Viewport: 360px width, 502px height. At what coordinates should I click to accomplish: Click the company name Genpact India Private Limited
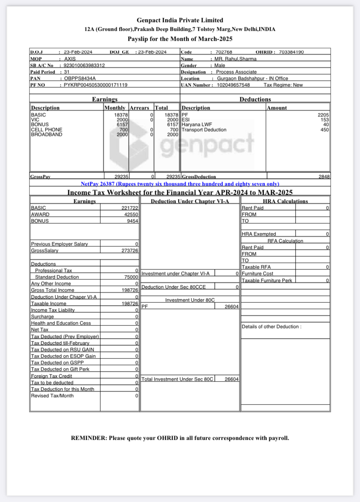click(180, 20)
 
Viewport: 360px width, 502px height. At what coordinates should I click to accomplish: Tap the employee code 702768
click(224, 52)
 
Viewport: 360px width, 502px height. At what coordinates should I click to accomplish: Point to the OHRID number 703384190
click(291, 52)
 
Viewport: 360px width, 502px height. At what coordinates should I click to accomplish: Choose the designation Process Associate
click(237, 72)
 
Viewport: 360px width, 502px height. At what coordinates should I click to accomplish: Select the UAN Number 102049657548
click(233, 85)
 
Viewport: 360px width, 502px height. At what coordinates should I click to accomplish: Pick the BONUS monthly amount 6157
click(122, 125)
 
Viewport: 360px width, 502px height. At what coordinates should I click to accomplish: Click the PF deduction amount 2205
click(323, 115)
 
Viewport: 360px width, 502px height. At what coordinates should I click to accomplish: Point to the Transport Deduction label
click(204, 130)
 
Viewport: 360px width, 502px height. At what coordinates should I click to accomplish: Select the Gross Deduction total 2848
click(324, 176)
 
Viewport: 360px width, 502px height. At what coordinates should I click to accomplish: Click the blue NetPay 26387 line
click(180, 184)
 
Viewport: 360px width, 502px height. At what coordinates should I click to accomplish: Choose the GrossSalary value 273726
click(130, 251)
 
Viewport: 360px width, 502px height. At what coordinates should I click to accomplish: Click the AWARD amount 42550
click(131, 214)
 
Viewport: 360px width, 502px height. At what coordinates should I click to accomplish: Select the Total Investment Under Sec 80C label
click(177, 379)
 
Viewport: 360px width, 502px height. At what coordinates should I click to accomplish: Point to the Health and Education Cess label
click(61, 323)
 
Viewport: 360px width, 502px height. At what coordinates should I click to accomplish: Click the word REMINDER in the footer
click(89, 438)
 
